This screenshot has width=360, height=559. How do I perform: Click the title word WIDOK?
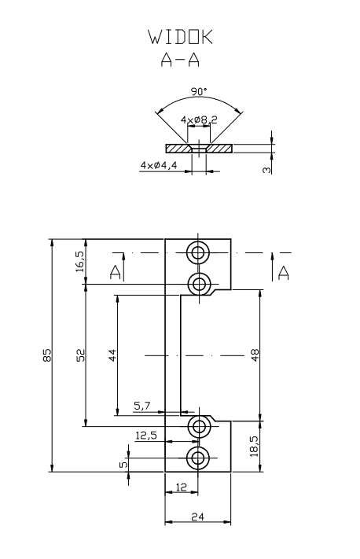click(x=180, y=38)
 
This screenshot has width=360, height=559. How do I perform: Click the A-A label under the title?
click(x=180, y=61)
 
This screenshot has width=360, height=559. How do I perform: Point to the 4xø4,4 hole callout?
click(x=160, y=165)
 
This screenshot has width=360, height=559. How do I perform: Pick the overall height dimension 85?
click(x=46, y=355)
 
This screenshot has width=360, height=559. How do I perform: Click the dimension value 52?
click(x=80, y=355)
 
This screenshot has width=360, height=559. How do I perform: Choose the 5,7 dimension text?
click(x=143, y=406)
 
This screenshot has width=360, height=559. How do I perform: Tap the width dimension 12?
click(x=180, y=487)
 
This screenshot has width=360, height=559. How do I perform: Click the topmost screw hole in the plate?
click(x=198, y=252)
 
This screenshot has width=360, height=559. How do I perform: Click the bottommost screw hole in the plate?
click(x=198, y=458)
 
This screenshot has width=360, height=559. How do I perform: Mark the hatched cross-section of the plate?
click(x=179, y=147)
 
